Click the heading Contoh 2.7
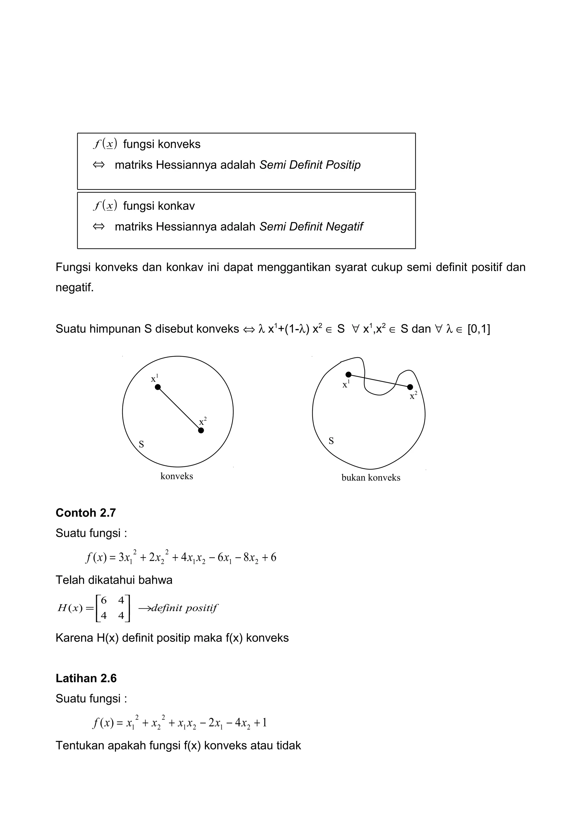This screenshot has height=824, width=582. (x=86, y=513)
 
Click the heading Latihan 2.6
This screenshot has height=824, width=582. (x=86, y=678)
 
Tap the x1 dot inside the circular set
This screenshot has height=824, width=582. (x=158, y=387)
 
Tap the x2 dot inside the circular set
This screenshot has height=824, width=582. (x=201, y=430)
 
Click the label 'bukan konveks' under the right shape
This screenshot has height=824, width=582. (x=371, y=478)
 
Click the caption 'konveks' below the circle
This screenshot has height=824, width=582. (x=176, y=476)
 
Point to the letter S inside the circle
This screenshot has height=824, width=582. (x=141, y=444)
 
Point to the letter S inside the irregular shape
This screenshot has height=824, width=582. (x=331, y=441)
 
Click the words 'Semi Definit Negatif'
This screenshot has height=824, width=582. (x=311, y=227)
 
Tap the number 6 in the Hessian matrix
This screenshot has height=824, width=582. (x=104, y=600)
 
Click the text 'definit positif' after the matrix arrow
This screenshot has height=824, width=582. (x=184, y=608)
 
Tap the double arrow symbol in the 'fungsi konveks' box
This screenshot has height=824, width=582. (x=99, y=165)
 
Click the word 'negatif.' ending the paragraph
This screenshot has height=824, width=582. (x=74, y=287)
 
